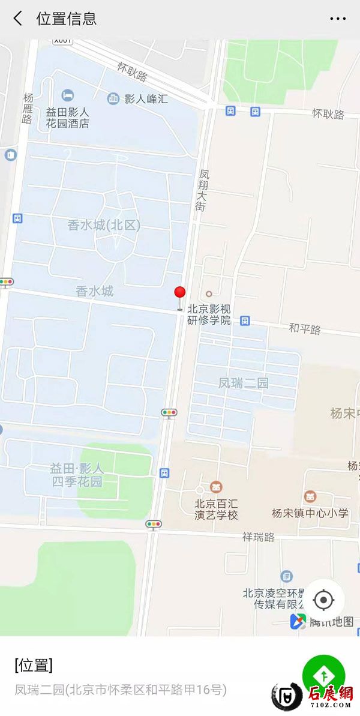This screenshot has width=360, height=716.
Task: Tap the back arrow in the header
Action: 18,19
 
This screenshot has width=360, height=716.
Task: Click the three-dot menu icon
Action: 338,19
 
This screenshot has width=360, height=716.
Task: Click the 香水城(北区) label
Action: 104,226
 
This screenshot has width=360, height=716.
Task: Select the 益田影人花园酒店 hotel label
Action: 67,117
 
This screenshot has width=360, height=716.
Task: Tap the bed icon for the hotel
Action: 68,95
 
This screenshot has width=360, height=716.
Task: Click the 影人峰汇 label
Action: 146,99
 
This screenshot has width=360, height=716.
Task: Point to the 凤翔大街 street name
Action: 204,190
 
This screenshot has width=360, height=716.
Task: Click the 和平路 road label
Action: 305,328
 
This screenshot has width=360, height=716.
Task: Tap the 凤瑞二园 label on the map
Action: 243,383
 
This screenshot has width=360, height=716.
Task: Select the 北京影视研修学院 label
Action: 209,315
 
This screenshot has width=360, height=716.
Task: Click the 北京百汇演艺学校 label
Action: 216,509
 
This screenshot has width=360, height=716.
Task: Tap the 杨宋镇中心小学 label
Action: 310,513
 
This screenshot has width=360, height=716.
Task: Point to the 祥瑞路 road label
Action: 258,535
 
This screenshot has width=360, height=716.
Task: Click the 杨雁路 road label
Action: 28,108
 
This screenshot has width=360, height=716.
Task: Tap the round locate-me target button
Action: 323,599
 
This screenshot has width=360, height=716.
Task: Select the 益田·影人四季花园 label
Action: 76,474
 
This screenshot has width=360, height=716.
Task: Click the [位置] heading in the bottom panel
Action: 34,665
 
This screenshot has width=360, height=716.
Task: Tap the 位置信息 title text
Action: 66,19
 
